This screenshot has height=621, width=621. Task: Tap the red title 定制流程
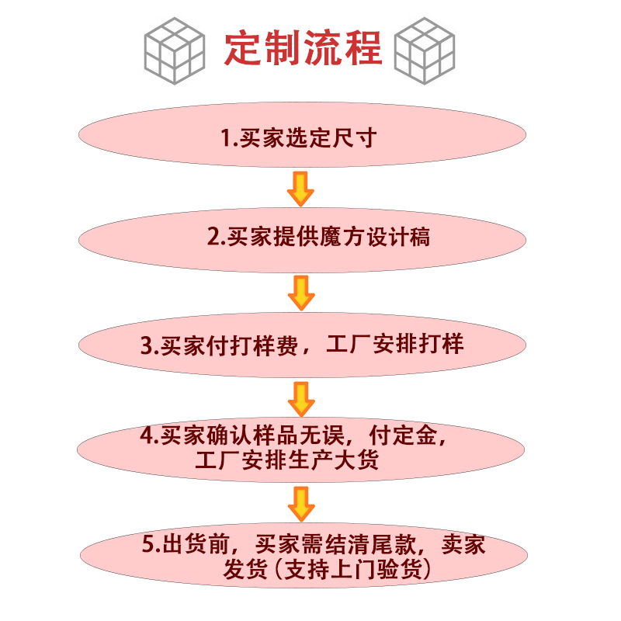[x=303, y=48]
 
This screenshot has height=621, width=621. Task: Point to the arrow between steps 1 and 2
[x=300, y=189]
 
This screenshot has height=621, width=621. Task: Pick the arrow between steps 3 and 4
[x=300, y=398]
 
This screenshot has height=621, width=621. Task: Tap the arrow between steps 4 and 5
[x=300, y=502]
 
